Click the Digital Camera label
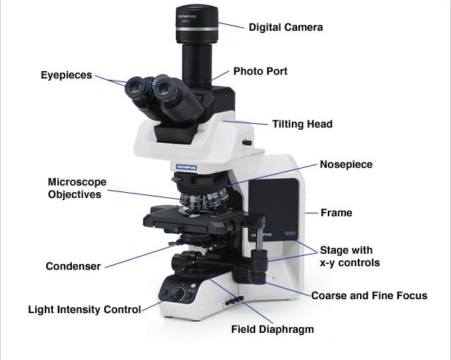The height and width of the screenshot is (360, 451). pos(285,27)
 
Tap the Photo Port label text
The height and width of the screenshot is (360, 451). pos(260,72)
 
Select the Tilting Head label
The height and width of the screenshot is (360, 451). pos(301,124)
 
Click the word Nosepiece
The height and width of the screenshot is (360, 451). pos(345,164)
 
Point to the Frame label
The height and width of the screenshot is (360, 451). pos(336,213)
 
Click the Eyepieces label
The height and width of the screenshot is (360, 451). pos(66,74)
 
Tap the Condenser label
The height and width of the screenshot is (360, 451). pos(73,266)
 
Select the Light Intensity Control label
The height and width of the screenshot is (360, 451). pos(84,309)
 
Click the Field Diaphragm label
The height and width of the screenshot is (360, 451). pos(272,329)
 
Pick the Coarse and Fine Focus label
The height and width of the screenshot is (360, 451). pos(369,295)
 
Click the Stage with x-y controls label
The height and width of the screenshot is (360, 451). pos(345,256)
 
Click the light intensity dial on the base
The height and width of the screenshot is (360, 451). pos(175,293)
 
